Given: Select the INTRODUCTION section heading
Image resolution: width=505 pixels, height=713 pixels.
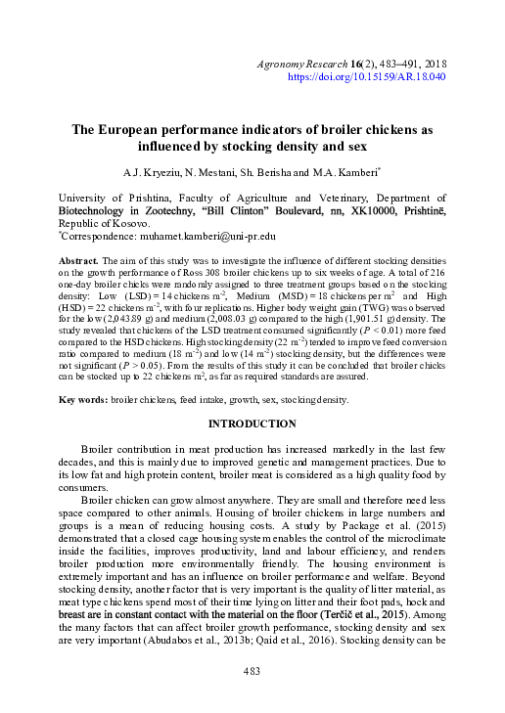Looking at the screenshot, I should point(252,423).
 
